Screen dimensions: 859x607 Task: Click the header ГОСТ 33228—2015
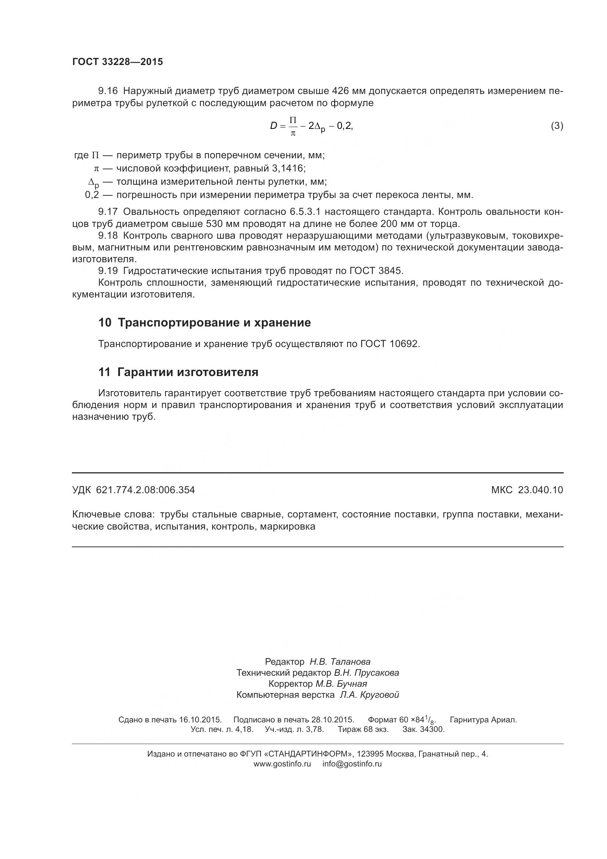click(x=117, y=62)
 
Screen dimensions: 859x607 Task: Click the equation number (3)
click(x=557, y=126)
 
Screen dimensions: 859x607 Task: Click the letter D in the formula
click(x=274, y=126)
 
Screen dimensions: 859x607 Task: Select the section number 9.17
click(x=108, y=212)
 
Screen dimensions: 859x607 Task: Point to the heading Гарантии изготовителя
click(x=188, y=372)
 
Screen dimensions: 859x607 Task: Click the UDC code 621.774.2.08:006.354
click(x=145, y=490)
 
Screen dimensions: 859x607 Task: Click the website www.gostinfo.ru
click(x=282, y=764)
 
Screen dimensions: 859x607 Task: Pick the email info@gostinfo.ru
click(x=352, y=764)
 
